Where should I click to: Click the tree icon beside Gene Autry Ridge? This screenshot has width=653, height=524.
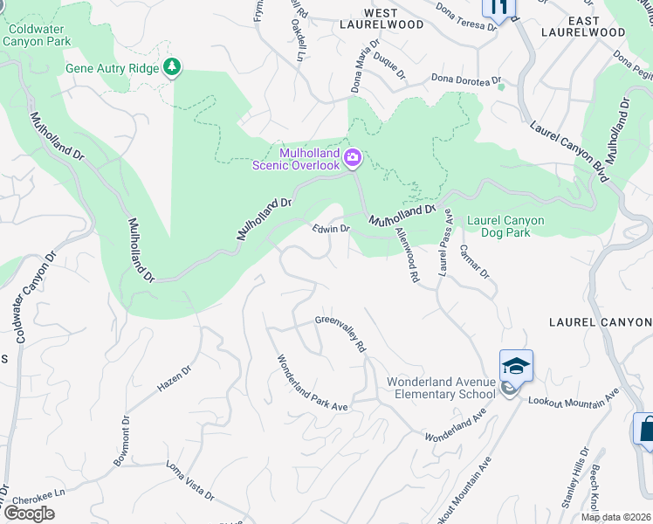coord(173,67)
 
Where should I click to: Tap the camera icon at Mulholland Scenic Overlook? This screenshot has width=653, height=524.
coord(353,157)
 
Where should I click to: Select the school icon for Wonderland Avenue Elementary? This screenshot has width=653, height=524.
coord(516,365)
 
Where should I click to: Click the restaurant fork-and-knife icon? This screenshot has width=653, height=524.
coord(498,8)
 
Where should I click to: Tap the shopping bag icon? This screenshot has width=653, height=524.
coord(646,430)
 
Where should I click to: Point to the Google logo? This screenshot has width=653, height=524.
coord(29,514)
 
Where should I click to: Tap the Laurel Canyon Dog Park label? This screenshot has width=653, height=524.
coord(505,226)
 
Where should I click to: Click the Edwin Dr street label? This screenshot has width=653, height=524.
coord(331,229)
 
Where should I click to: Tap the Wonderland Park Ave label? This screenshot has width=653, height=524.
coord(313,383)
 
